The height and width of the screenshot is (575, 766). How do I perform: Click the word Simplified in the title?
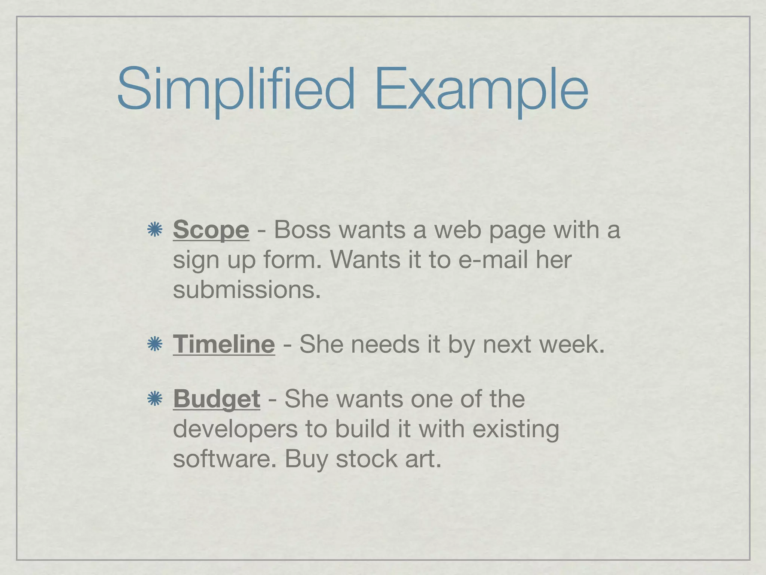click(236, 90)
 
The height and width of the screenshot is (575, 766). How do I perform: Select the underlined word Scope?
click(211, 229)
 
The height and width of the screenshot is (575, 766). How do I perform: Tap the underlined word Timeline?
click(224, 344)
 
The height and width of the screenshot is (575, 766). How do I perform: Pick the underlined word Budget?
click(217, 399)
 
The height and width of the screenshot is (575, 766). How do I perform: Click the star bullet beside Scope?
click(154, 229)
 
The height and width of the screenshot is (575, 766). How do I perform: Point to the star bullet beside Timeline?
click(154, 344)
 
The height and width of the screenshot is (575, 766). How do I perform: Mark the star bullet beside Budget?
click(154, 399)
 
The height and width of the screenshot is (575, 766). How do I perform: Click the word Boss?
click(302, 229)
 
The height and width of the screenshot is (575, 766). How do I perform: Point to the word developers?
click(235, 429)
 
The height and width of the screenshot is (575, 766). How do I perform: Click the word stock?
click(367, 459)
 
